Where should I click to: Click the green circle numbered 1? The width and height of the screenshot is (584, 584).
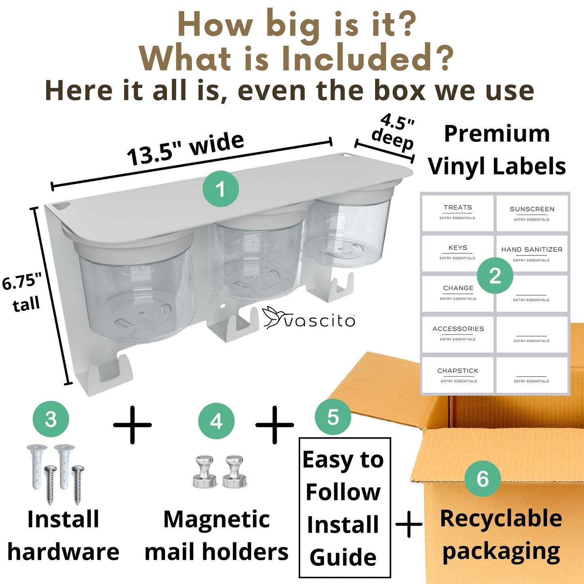(221, 189)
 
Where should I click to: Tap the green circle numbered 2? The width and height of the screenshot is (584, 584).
(495, 276)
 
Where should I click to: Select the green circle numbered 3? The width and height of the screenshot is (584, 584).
(51, 419)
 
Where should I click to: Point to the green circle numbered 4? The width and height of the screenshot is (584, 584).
(216, 421)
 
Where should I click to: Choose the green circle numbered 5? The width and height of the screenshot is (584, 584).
(333, 417)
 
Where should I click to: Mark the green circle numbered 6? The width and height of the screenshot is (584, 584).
(483, 479)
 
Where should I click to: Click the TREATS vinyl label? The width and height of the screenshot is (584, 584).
(458, 213)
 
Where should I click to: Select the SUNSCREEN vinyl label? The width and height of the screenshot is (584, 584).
(532, 213)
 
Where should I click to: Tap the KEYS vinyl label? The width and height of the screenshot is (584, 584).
(458, 253)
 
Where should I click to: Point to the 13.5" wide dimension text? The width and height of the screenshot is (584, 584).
(185, 149)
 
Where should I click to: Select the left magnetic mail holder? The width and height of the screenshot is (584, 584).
(205, 472)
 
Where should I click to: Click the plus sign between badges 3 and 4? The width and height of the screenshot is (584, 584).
(132, 425)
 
